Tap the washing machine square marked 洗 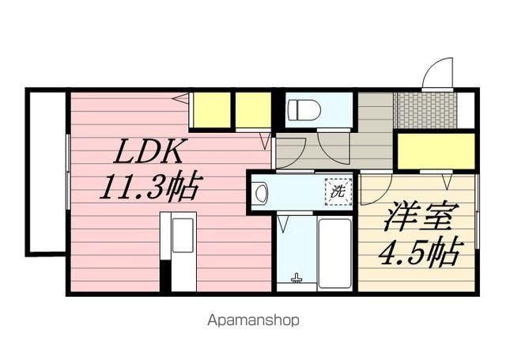coord(338,191)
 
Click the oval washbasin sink coord(262,191)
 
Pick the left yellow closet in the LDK coord(210,110)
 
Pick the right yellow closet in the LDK coord(253,110)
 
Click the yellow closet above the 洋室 coord(436,151)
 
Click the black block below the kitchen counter coord(166,274)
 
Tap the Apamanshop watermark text coord(253,321)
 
